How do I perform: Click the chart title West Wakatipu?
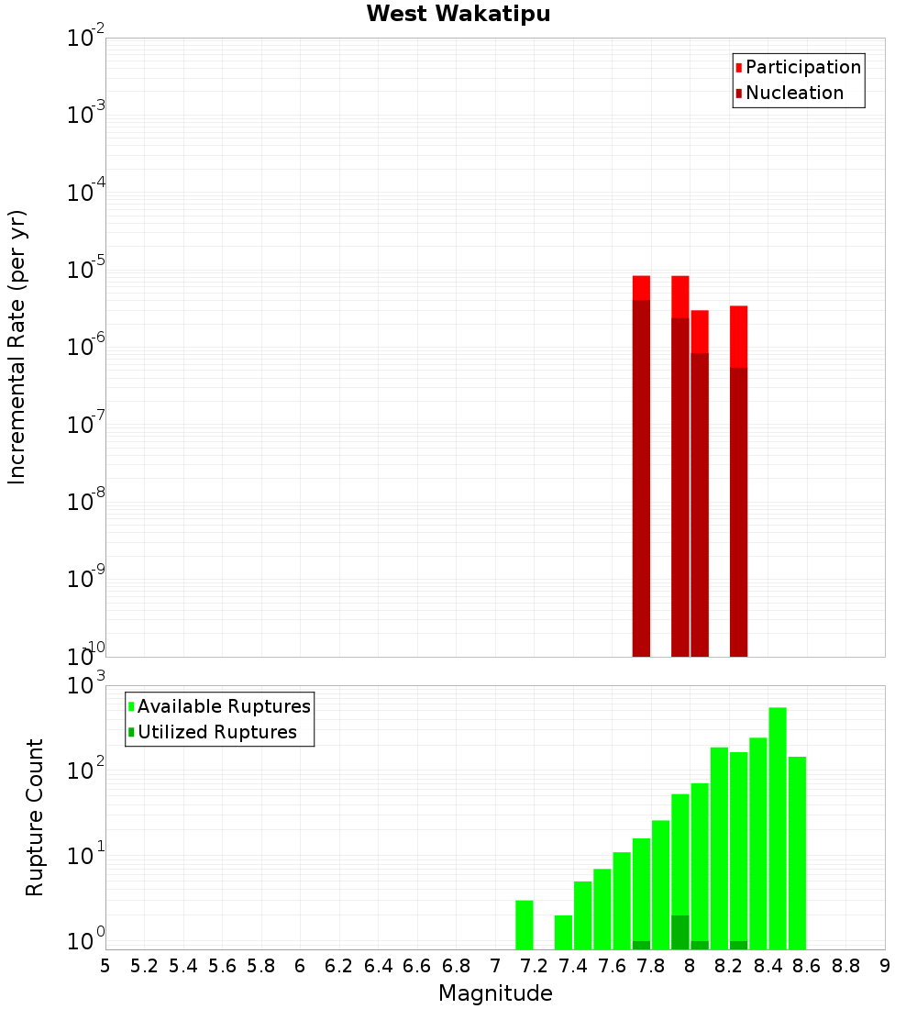pos(458,15)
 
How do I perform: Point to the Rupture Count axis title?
pos(35,816)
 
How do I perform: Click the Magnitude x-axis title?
pos(495,993)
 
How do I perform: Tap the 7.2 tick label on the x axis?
pos(534,966)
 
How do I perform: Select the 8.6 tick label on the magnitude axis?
pos(807,966)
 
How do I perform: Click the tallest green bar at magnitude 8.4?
pos(778,826)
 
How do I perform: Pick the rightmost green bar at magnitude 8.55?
pos(797,853)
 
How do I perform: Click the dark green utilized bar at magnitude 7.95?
pos(680,932)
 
